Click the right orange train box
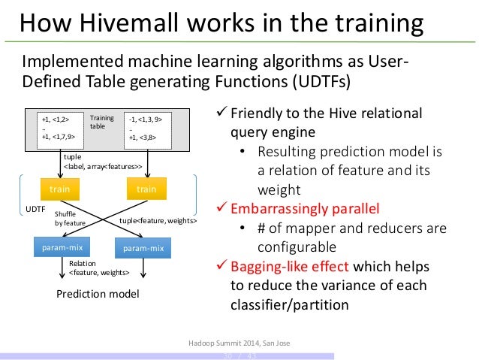tap(146, 189)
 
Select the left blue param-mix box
tap(61, 247)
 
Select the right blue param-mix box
tap(143, 248)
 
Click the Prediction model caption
tap(98, 294)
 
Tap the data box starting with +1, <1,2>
tap(62, 128)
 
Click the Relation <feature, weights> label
tap(98, 268)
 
